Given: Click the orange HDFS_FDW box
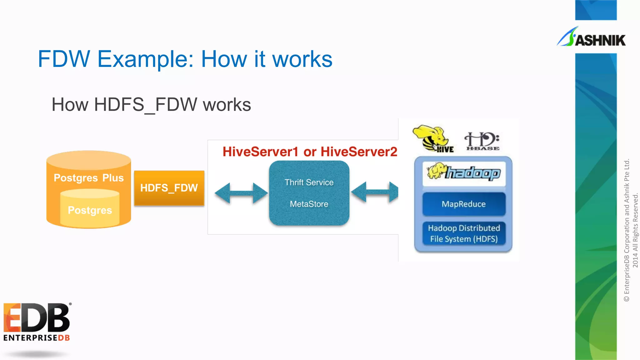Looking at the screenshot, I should [169, 188].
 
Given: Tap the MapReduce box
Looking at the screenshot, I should [464, 204].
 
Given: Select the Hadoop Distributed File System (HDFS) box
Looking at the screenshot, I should [464, 233].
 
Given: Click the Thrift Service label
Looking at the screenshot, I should [309, 182].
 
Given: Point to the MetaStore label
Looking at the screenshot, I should [309, 204].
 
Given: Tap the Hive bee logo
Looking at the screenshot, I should [433, 139].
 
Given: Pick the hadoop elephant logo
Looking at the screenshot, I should [464, 173].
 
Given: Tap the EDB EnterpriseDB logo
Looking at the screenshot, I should [37, 322].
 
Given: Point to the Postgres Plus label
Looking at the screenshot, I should [89, 178].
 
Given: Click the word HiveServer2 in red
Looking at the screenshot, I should [359, 152].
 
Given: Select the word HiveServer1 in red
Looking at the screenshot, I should [260, 152].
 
